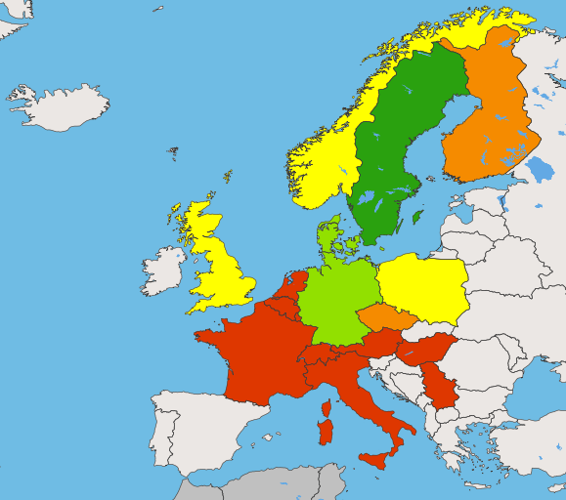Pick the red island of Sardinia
coord(325,431)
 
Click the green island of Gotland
coord(417,216)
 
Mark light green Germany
coord(337,298)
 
